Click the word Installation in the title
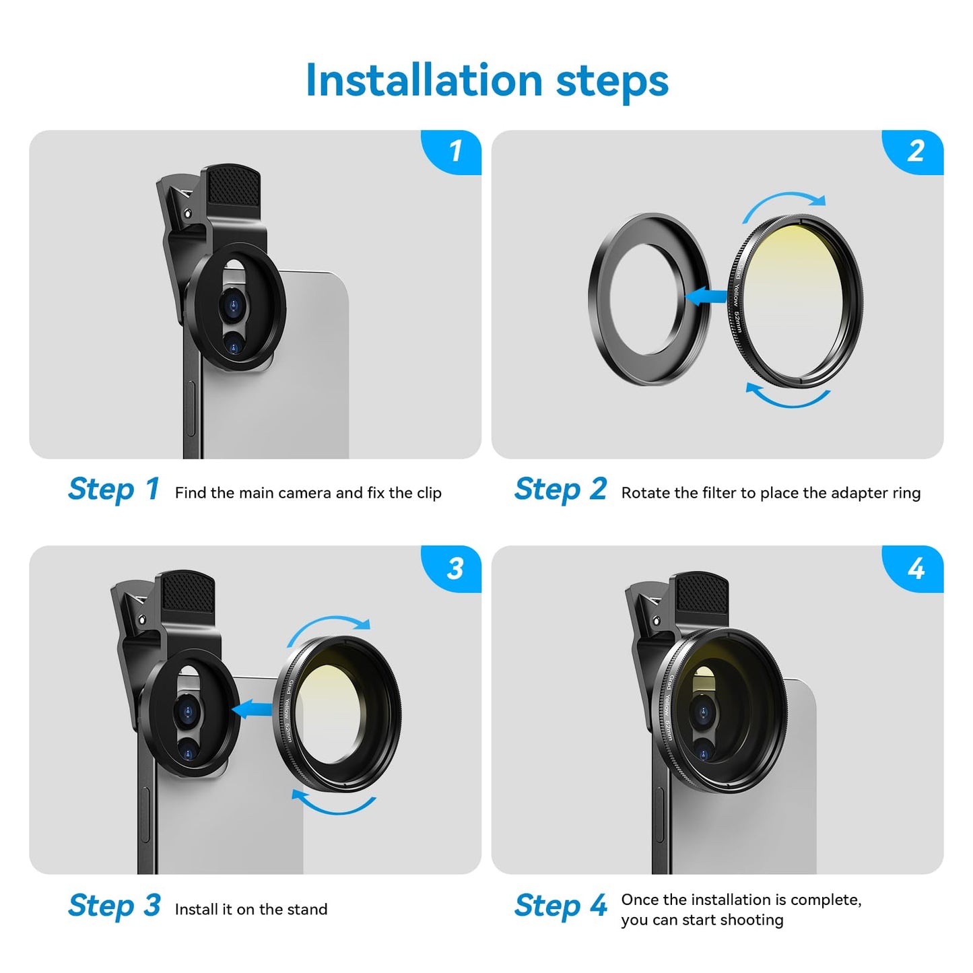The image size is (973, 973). tap(424, 81)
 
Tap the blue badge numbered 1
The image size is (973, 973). tap(455, 151)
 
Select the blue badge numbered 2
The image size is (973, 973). tap(915, 151)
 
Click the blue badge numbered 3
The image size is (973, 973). tap(455, 568)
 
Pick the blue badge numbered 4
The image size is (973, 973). tap(915, 568)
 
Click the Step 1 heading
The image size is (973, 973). tap(113, 490)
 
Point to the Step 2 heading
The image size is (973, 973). tap(560, 490)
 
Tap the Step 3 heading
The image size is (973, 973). tap(113, 906)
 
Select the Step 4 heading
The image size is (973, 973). tap(560, 906)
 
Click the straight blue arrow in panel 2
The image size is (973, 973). tap(706, 296)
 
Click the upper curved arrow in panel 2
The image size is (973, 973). tap(784, 201)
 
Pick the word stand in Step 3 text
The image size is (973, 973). tap(307, 910)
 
